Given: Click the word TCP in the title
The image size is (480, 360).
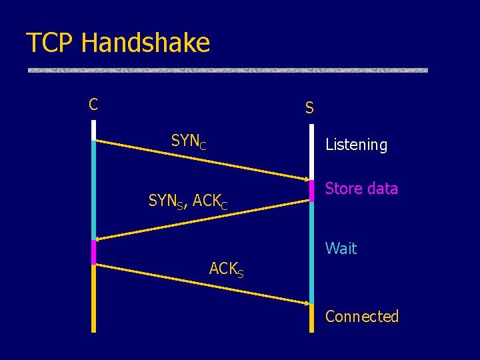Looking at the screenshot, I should [51, 43].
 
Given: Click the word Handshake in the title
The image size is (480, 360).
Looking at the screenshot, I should [145, 43].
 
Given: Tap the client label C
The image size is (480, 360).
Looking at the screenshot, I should [93, 105].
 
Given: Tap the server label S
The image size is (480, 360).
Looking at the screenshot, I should [309, 107].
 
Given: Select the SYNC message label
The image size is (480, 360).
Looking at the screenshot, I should [189, 141].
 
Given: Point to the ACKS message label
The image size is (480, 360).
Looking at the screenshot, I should [226, 269].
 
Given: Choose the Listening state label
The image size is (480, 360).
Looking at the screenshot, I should [356, 145].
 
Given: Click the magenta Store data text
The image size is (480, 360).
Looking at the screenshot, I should [361, 189].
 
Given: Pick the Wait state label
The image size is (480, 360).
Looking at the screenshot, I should [341, 249].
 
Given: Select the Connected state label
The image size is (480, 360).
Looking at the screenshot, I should [361, 317].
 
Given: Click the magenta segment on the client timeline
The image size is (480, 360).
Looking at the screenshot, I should [94, 252].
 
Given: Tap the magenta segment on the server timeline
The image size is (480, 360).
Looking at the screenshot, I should [311, 190].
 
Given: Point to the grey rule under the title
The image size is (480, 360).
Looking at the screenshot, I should [227, 70].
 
